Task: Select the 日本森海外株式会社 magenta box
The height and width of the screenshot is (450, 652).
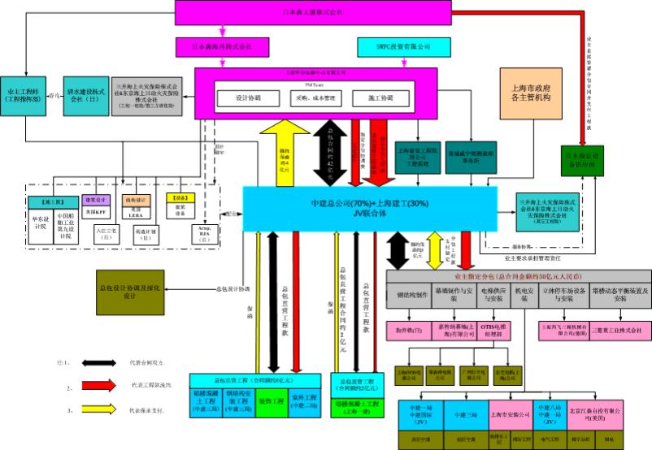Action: click(x=221, y=46)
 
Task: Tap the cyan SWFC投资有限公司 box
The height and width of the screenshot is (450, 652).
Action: click(x=403, y=46)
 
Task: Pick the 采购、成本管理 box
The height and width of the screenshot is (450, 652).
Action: click(x=318, y=98)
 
